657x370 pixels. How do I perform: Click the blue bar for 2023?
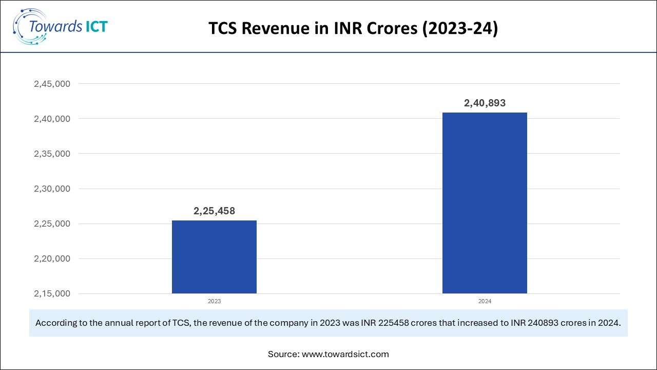pos(214,257)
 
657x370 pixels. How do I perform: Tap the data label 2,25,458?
pos(214,211)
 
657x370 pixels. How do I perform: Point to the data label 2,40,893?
pos(485,103)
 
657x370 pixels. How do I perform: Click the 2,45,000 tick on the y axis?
pos(52,84)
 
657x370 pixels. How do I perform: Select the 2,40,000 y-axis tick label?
pos(52,119)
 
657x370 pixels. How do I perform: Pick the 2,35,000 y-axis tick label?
pos(52,154)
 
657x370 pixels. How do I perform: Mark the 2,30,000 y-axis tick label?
pos(52,189)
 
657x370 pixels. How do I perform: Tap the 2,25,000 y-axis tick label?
pos(52,224)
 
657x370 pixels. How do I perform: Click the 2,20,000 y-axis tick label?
pos(52,259)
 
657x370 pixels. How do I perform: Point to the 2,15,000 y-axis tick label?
pos(52,294)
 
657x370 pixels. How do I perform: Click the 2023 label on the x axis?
pos(214,301)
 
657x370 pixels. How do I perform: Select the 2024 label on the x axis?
pos(485,301)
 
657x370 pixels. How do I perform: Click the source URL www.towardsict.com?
pos(345,354)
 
